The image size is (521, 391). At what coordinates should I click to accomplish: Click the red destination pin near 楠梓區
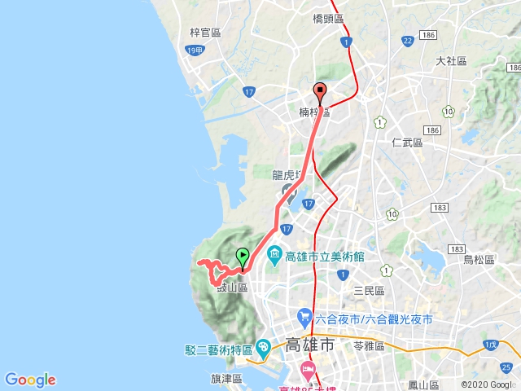[321, 91]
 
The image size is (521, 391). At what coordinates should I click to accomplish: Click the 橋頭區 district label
[329, 16]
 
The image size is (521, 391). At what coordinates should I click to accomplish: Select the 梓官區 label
[205, 33]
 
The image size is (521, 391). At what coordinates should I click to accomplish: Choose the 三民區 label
[369, 290]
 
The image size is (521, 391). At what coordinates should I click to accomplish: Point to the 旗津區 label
[226, 379]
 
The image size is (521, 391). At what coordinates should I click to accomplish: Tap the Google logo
[30, 380]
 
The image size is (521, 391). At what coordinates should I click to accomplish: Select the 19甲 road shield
[193, 51]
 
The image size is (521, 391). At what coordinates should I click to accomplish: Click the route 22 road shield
[407, 41]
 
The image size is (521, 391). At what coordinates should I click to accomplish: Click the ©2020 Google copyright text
[488, 384]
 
